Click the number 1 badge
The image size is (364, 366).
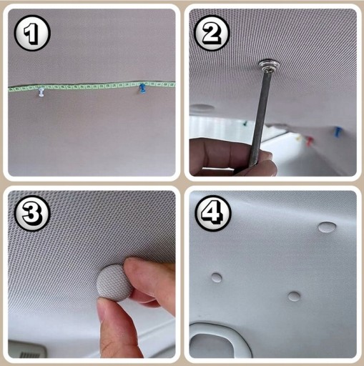point(32,33)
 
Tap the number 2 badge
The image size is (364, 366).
point(212,33)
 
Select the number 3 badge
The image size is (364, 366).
point(32,213)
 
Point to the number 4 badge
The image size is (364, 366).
point(213,213)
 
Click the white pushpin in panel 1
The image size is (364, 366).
point(41,92)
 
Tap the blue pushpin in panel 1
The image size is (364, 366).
point(142,89)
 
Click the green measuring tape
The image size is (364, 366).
point(92,86)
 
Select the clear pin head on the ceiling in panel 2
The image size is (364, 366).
point(269,66)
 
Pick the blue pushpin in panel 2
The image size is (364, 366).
point(338,132)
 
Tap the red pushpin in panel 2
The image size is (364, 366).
point(309,141)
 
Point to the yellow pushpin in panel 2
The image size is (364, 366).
point(300,138)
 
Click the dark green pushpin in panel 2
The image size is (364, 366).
point(245,123)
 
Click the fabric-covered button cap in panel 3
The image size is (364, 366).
point(114,282)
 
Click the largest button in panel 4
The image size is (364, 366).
point(327,227)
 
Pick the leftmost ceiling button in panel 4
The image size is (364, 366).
point(217,277)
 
